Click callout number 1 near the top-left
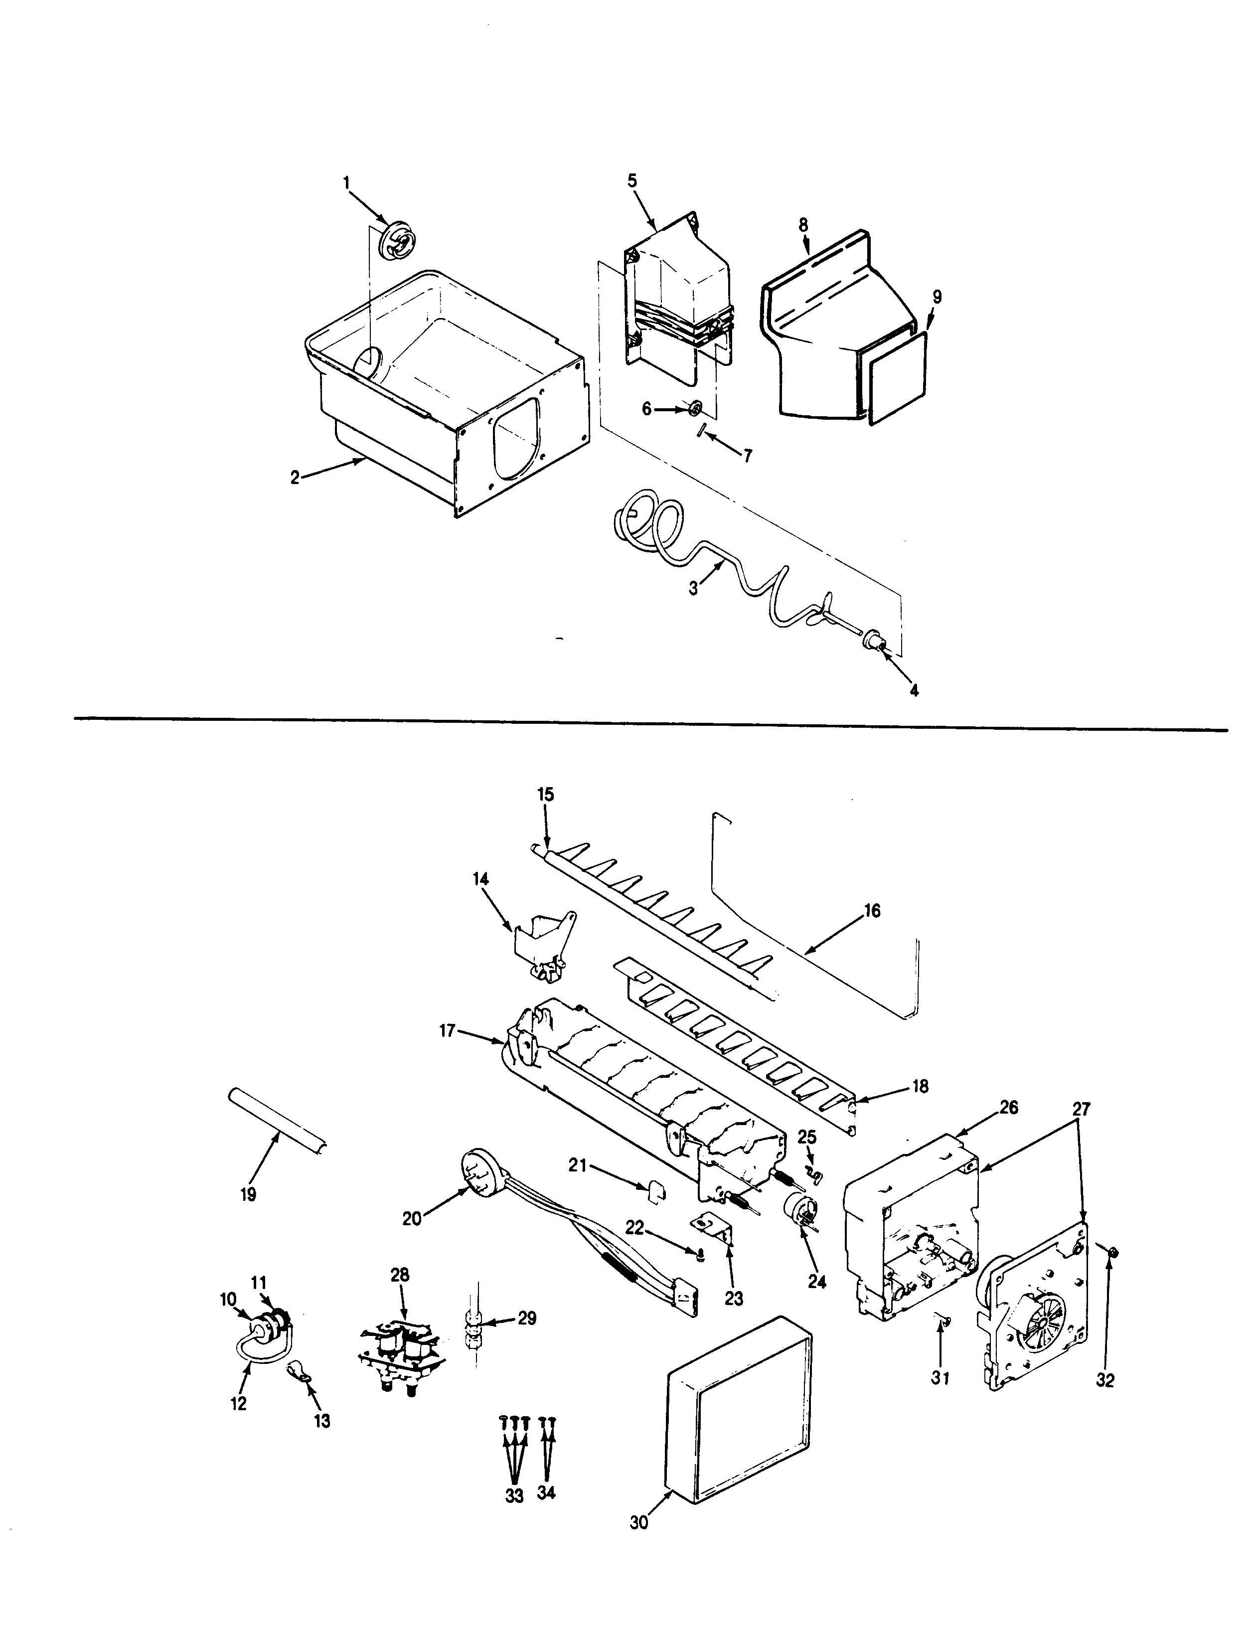(x=346, y=181)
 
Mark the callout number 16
(x=872, y=911)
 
